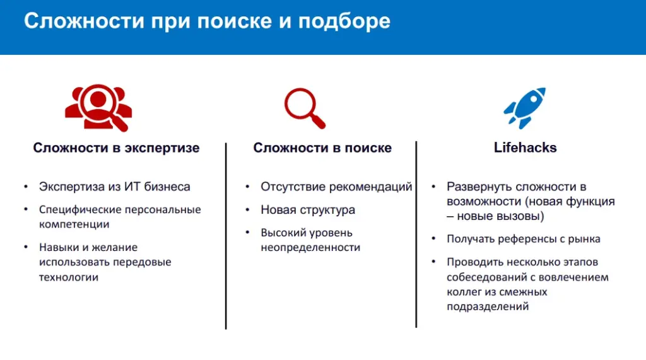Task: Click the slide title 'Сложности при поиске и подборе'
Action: (x=207, y=21)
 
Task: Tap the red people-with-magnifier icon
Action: (x=98, y=107)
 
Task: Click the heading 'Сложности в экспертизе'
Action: (x=116, y=148)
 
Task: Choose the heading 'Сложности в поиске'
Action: (x=322, y=148)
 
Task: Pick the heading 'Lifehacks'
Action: (x=525, y=148)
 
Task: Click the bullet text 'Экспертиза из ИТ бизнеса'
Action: (x=114, y=187)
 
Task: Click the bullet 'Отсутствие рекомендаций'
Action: (x=336, y=187)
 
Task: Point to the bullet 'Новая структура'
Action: (x=308, y=209)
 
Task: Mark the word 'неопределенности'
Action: (x=310, y=247)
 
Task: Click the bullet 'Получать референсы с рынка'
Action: (x=523, y=239)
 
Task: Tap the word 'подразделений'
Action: (x=488, y=307)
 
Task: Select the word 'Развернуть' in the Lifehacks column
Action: (x=479, y=187)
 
